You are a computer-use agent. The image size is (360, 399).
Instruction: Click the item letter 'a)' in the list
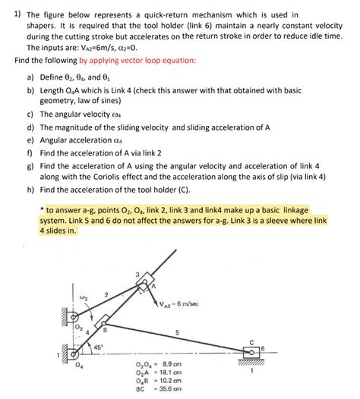(x=31, y=77)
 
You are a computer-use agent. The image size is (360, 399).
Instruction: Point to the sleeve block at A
(x=147, y=283)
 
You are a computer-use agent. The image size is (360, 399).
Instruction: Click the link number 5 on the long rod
(x=176, y=332)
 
